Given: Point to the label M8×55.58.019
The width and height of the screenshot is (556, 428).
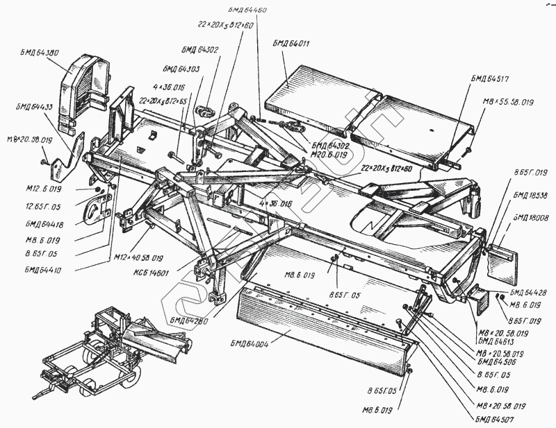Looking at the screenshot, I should [x=507, y=102].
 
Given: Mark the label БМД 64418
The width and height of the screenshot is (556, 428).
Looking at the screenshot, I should [x=42, y=223].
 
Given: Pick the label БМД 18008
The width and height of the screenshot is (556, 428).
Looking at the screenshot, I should [x=530, y=217].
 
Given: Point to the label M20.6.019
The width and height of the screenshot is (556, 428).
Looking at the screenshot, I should [x=331, y=155].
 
